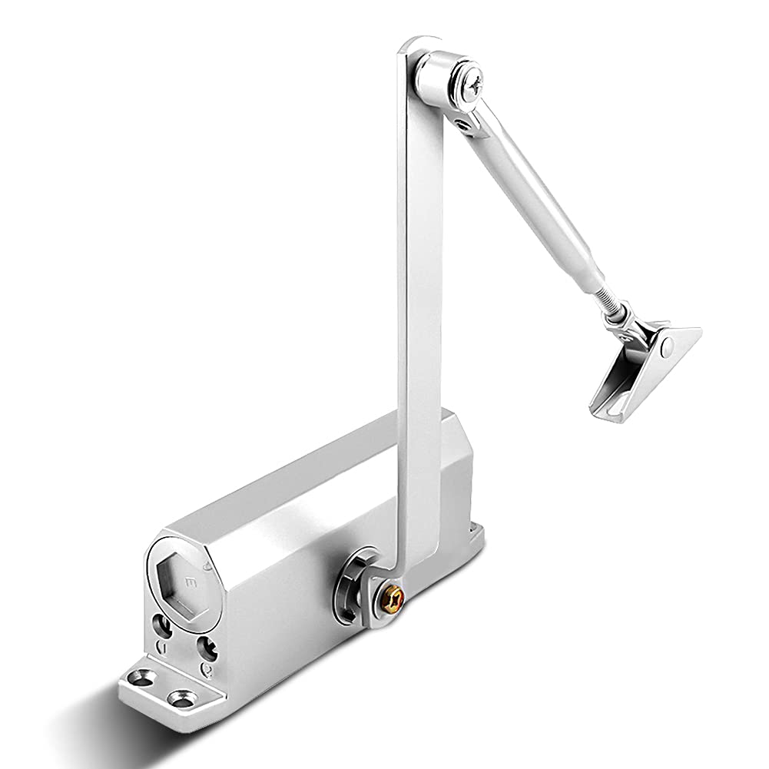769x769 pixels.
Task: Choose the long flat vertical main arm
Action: coord(419,307)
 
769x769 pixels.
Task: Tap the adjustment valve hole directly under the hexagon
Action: coord(164,625)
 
